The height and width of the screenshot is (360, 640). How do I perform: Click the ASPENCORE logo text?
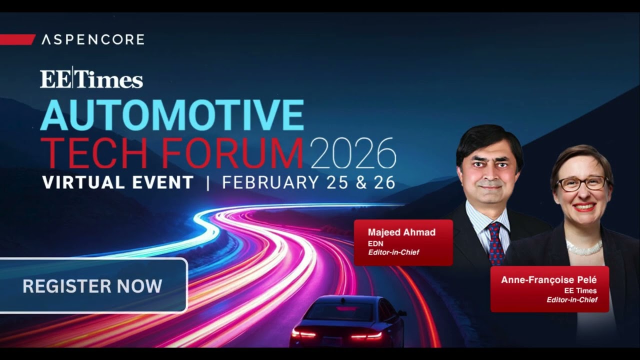93,39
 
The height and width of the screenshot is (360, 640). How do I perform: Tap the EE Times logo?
91,79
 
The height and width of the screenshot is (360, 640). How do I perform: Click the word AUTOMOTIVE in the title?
172,115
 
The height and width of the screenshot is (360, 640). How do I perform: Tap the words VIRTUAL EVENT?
118,182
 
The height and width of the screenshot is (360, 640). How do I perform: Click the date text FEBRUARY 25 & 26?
308,182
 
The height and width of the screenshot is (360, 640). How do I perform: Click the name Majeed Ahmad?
401,232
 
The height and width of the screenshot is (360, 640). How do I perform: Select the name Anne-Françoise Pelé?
548,280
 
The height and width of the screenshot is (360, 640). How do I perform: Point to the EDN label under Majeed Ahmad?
375,243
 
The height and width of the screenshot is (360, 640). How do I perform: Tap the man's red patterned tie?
495,243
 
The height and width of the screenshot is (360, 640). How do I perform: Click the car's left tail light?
303,333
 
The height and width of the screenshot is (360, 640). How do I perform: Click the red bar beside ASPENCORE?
17,39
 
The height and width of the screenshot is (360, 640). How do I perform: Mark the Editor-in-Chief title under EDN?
393,252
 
